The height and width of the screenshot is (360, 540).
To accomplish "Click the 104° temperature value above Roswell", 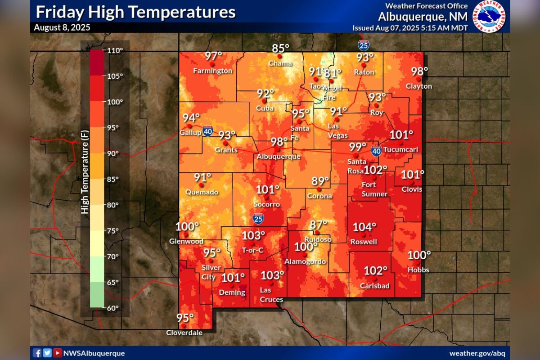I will (364, 227).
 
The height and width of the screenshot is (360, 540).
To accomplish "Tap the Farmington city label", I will (213, 71).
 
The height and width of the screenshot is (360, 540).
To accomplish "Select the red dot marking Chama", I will (279, 56).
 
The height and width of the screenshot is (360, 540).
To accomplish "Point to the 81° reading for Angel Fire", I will (333, 72).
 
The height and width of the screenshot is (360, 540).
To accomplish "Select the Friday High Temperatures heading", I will (135, 12).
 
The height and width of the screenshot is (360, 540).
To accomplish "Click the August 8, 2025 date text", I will (62, 27).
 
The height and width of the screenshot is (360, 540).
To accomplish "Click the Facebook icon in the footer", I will (37, 353).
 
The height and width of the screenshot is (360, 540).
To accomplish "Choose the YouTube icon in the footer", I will (57, 353).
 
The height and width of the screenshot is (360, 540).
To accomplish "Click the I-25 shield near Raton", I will (364, 45).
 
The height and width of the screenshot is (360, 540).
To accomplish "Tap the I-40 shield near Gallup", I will (207, 131).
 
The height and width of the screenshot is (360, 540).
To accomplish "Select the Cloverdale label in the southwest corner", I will (184, 333).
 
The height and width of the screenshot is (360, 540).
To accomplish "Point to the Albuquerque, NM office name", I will (423, 17).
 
